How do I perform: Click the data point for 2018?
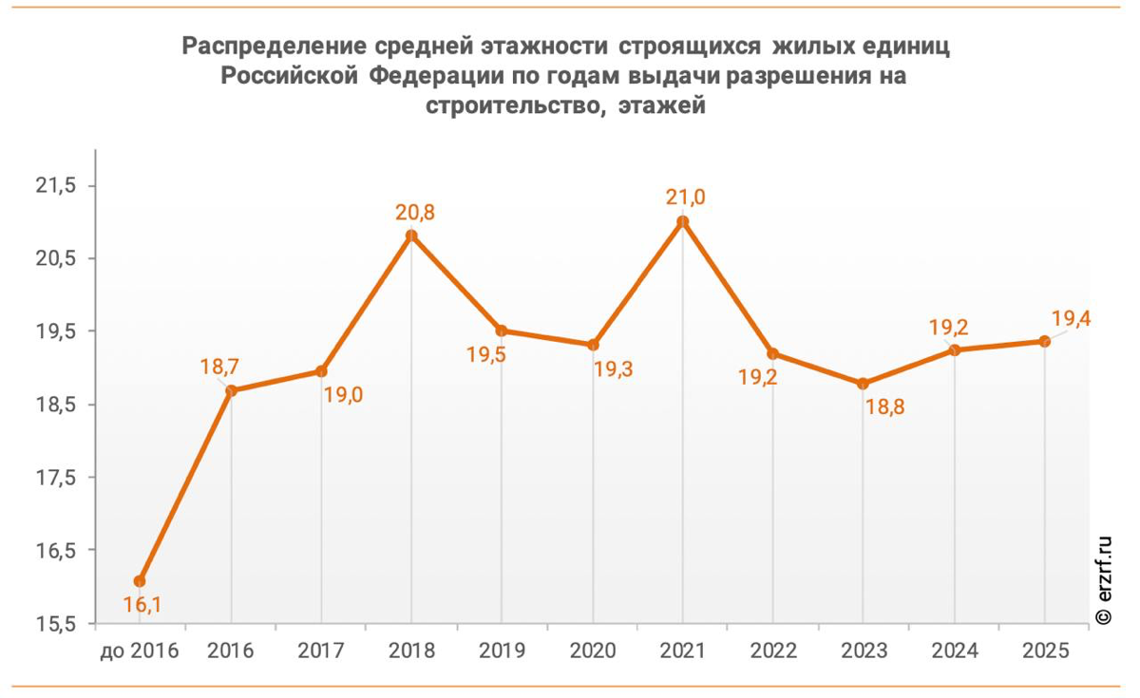coord(411,236)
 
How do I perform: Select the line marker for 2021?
coord(682,221)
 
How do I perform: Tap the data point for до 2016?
coord(140,581)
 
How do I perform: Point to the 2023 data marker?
coord(864,384)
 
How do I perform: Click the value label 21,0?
coord(684,198)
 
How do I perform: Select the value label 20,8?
coord(415,213)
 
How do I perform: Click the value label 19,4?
coord(1070,318)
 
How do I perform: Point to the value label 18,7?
coord(220,366)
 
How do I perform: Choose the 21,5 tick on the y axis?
coord(55,186)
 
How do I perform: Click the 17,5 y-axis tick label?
coord(55,478)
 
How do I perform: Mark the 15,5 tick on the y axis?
coord(55,624)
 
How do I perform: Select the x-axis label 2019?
coord(502,651)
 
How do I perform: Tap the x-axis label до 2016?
coord(140,651)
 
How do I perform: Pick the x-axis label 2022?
coord(772,651)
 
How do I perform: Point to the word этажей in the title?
coord(661,105)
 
